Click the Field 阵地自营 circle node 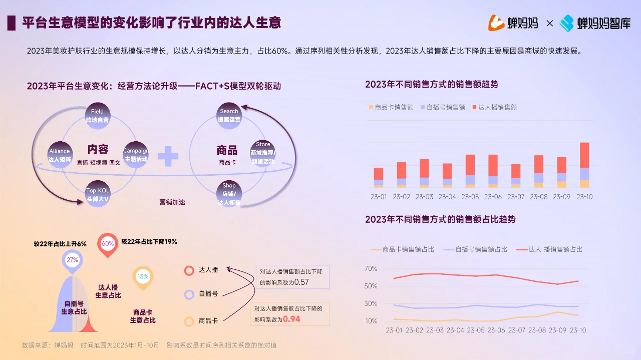(98, 116)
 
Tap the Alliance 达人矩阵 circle (60, 155)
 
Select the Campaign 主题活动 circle (136, 155)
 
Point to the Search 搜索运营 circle (229, 116)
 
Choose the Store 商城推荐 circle (263, 153)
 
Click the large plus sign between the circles (168, 156)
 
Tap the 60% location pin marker (108, 244)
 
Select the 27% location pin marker (73, 260)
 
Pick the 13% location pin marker (143, 276)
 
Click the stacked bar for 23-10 (584, 165)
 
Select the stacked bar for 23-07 (515, 176)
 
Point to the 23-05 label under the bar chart (470, 197)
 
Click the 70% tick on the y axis (371, 269)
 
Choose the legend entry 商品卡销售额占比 (402, 249)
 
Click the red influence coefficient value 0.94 (291, 319)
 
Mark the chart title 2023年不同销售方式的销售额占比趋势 (440, 219)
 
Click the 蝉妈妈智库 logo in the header (595, 23)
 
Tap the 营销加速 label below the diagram (172, 202)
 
